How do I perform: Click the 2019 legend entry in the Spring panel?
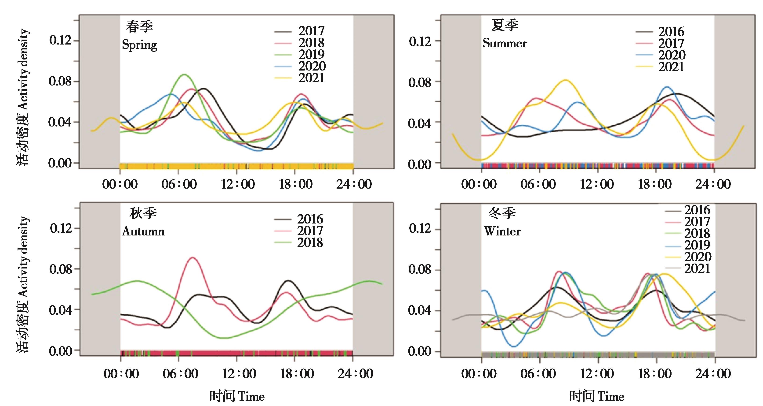point(311,54)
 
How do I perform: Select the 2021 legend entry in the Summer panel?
point(671,67)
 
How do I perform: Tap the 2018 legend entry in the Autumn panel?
point(310,242)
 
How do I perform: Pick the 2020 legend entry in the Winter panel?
point(698,257)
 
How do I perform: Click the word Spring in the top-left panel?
point(139,45)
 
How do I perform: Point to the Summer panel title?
point(505,43)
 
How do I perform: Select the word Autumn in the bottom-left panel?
point(143,231)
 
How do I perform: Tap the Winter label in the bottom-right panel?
point(502,231)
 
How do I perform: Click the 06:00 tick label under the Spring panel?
point(179,184)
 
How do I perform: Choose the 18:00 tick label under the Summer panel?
point(655,184)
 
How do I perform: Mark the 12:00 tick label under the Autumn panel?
point(239,374)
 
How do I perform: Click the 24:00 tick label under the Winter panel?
point(713,374)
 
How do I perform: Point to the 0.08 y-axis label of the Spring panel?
point(60,81)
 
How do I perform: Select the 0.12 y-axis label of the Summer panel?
point(420,41)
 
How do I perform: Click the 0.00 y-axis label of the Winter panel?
point(419,351)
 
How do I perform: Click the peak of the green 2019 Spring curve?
point(184,74)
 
